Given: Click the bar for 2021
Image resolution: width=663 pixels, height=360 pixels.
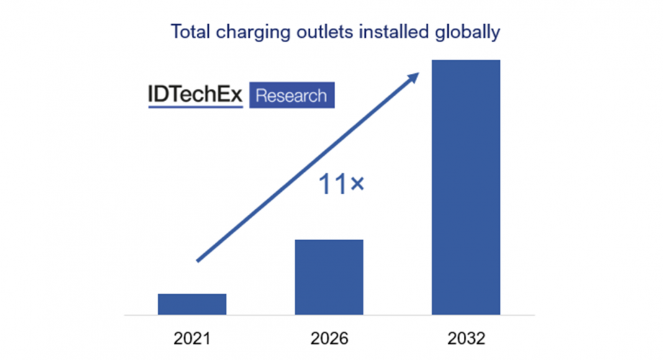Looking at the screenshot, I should coord(192,304).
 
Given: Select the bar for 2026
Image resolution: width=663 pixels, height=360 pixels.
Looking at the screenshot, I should coord(329,277).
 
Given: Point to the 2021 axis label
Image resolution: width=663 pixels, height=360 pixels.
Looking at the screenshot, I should coord(192,339).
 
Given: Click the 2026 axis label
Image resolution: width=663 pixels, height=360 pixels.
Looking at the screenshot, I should coord(329,339).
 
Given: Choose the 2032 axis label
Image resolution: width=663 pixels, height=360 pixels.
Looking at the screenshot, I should coord(466,339).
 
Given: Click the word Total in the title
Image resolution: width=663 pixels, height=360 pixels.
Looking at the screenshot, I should coord(189,32).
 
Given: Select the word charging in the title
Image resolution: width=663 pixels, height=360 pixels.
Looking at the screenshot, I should coord(248,33).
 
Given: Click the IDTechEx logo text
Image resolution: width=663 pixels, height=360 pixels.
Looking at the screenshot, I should coord(195,94).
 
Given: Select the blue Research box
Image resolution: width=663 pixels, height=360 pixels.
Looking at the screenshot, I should coord(292,96).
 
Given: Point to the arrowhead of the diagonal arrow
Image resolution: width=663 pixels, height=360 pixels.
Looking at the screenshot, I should coord(413,76).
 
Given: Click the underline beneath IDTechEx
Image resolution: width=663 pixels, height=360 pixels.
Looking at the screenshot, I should coord(195,107).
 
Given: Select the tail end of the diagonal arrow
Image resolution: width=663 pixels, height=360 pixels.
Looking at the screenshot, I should coord(199,260).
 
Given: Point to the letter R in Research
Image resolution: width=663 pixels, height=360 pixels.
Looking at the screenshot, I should coord(261,96).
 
